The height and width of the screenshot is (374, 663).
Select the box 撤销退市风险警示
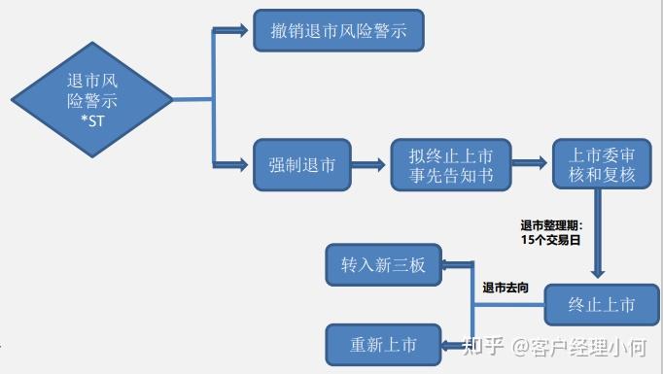coord(339,32)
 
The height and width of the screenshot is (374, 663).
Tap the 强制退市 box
coord(302,165)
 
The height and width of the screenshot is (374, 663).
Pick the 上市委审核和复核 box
coord(602,165)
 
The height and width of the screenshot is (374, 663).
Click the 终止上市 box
coord(602,305)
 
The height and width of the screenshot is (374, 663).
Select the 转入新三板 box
coord(383,264)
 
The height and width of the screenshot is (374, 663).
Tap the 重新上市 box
coord(383,345)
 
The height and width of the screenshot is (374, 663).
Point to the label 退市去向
coord(506,289)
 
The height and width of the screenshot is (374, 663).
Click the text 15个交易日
coord(550,237)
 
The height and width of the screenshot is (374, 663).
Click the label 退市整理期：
coord(550,223)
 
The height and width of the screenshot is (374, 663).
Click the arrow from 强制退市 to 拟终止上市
coord(369,165)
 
